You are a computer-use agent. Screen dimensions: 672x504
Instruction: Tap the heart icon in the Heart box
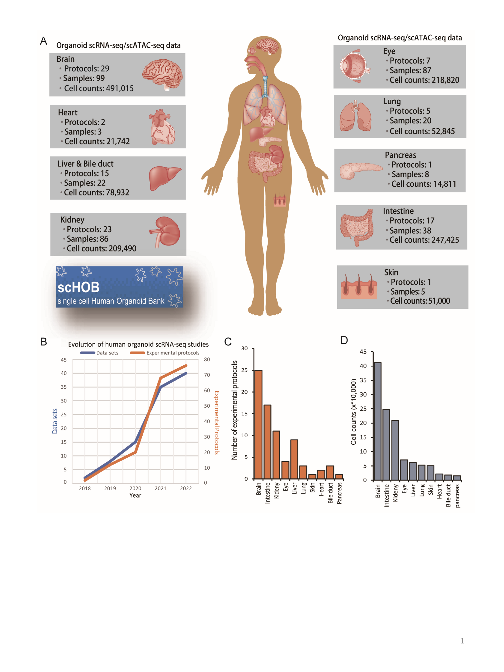[162, 127]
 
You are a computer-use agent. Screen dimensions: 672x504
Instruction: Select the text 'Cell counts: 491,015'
[99, 88]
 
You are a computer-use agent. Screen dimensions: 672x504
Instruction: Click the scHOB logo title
[78, 287]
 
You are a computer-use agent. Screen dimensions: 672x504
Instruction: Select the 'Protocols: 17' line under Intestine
[412, 221]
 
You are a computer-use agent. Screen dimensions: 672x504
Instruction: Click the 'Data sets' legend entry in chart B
[100, 353]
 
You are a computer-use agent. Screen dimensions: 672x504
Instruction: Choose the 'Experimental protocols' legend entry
[165, 353]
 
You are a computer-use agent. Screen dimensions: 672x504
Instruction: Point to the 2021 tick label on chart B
[161, 488]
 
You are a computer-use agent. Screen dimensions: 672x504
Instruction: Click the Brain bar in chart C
[258, 424]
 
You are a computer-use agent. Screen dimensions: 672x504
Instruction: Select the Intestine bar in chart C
[267, 442]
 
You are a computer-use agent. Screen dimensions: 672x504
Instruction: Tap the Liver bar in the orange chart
[294, 459]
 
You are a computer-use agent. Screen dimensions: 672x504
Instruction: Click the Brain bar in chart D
[378, 421]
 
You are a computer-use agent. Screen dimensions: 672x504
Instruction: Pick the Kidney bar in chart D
[395, 450]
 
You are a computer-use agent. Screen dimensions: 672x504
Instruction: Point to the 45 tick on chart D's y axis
[363, 352]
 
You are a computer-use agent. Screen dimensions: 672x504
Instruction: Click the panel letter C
[228, 342]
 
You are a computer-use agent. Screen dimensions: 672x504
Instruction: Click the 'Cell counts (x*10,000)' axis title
[354, 412]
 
